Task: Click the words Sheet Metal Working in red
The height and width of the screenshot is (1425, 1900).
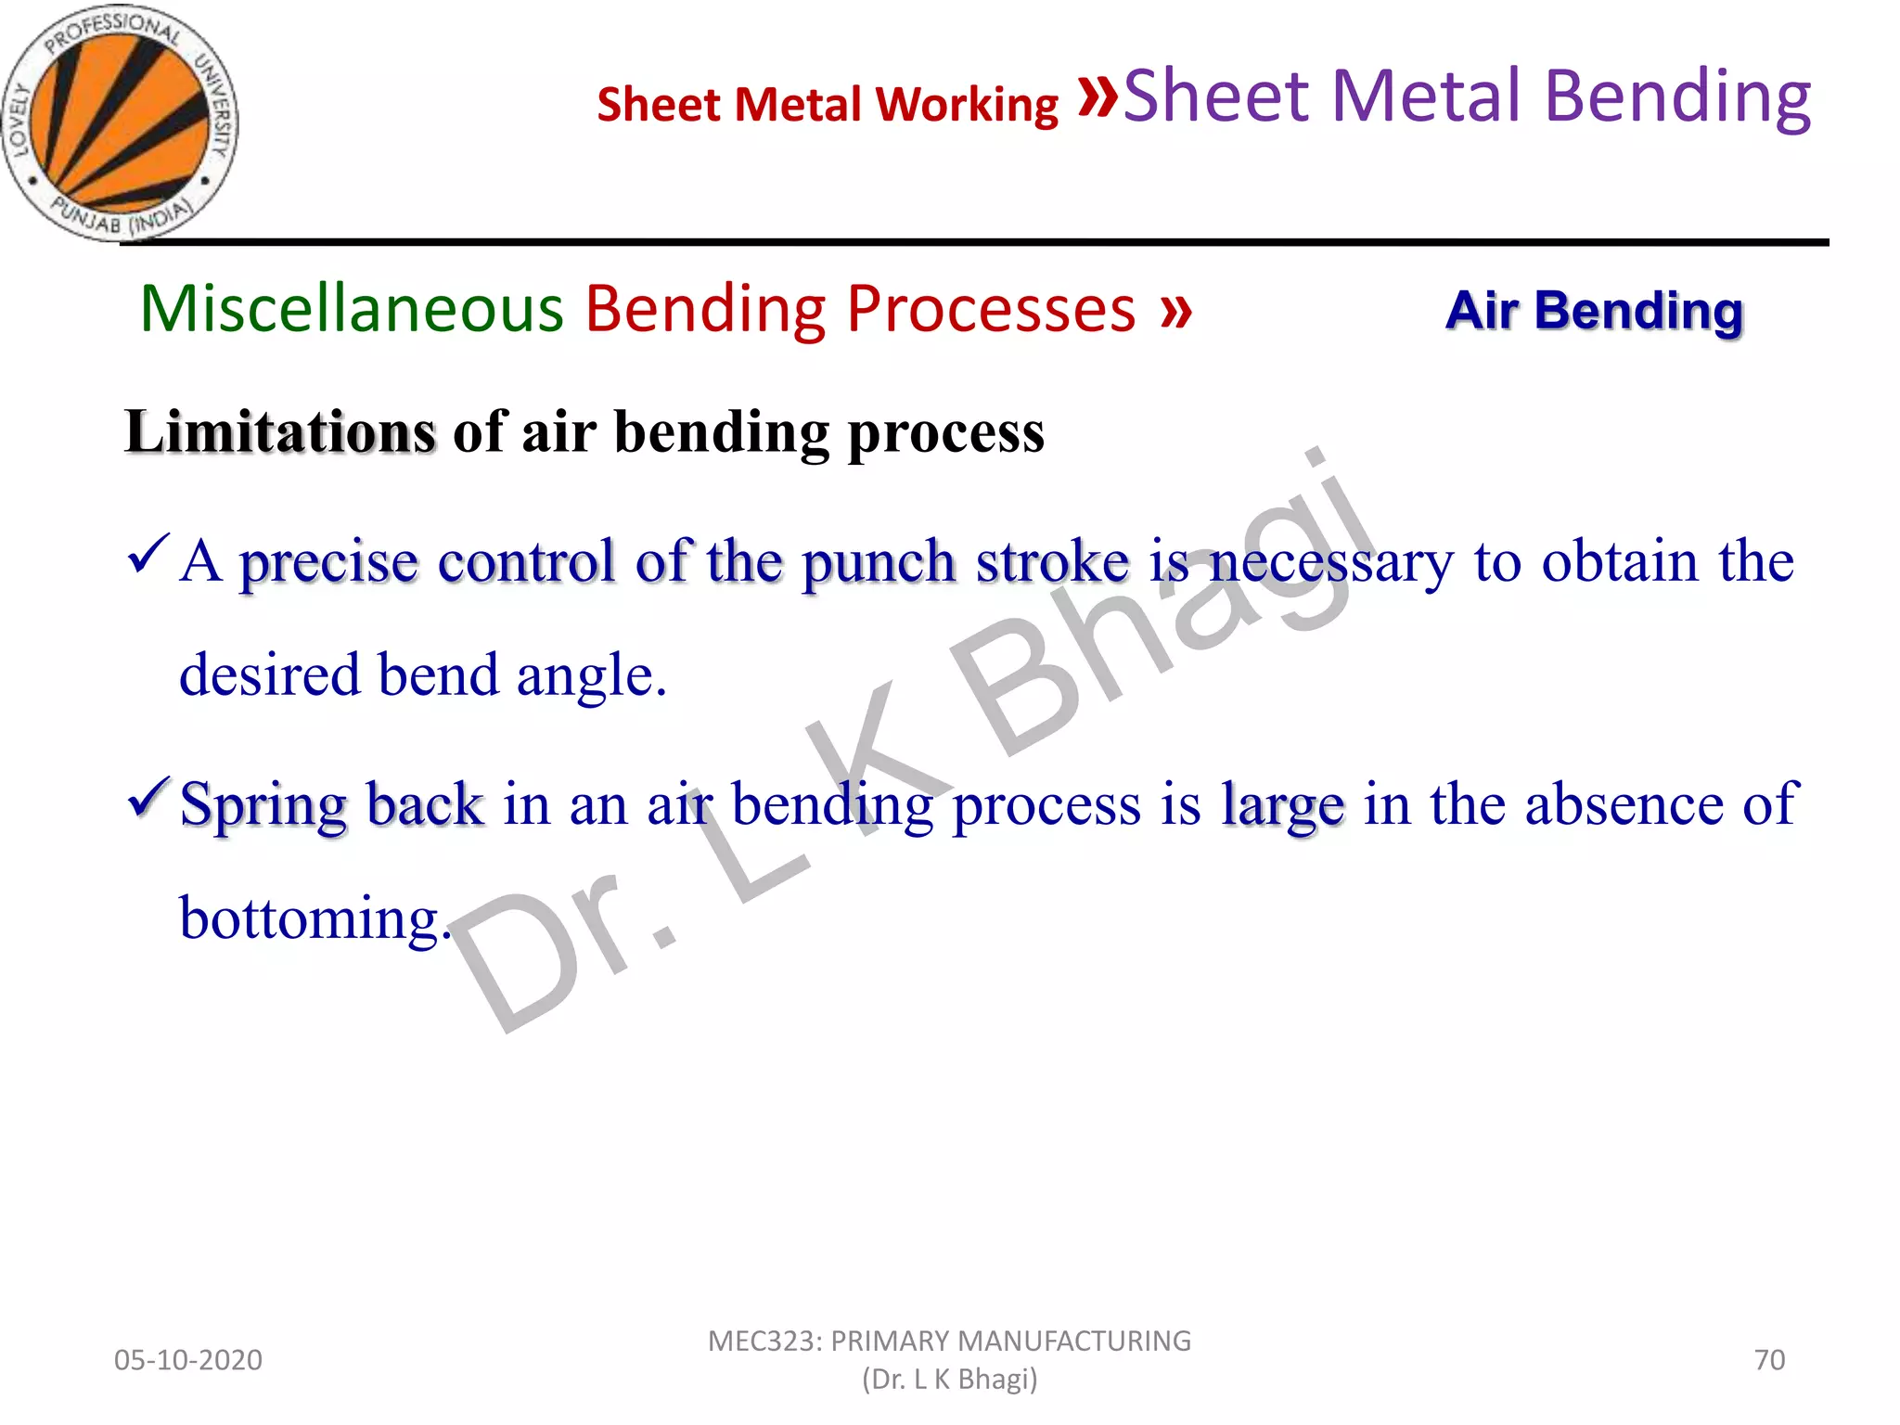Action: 827,104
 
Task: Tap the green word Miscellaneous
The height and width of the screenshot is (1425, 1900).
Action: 352,308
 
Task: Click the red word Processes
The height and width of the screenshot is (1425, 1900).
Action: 990,308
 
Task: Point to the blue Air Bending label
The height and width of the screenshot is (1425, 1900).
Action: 1594,310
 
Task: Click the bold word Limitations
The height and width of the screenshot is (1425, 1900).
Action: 280,432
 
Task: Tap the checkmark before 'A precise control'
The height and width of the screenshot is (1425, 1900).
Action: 148,554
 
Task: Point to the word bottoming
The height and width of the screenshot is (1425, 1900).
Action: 310,918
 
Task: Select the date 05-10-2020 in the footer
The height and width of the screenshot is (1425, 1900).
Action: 188,1360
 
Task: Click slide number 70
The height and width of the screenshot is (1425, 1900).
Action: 1769,1360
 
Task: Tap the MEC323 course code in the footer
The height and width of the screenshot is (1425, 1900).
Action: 764,1341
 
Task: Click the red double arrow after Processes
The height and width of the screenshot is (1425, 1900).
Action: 1175,311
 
